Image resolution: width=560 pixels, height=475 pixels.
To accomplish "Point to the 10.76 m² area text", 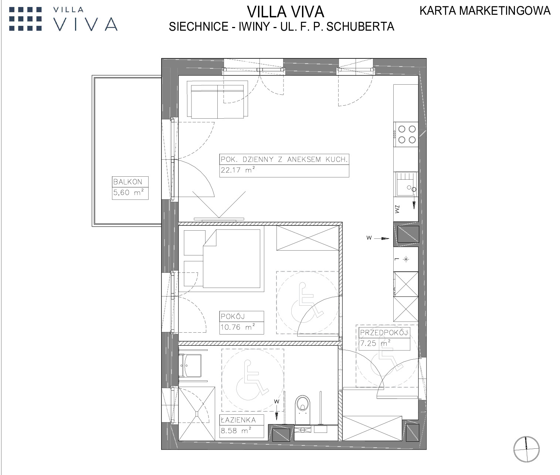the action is point(238,327).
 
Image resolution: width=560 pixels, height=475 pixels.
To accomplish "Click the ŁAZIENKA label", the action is point(238,420).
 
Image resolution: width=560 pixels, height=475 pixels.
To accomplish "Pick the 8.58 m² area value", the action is point(236,431).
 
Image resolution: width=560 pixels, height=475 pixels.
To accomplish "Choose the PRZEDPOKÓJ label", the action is point(384,332).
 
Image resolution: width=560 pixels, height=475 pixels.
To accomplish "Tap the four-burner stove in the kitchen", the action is point(406,135).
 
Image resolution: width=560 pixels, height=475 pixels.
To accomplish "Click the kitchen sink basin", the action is point(405,184).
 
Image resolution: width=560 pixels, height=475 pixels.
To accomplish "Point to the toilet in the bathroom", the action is point(302,410).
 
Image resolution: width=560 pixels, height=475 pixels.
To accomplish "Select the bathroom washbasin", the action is point(190,366).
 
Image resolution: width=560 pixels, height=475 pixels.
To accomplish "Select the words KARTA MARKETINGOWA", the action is point(485,11).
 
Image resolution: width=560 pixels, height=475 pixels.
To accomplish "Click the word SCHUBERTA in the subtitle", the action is point(360,27).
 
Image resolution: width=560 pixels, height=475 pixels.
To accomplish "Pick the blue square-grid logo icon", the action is point(26,19).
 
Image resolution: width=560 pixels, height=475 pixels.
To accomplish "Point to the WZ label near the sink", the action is point(397,209).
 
